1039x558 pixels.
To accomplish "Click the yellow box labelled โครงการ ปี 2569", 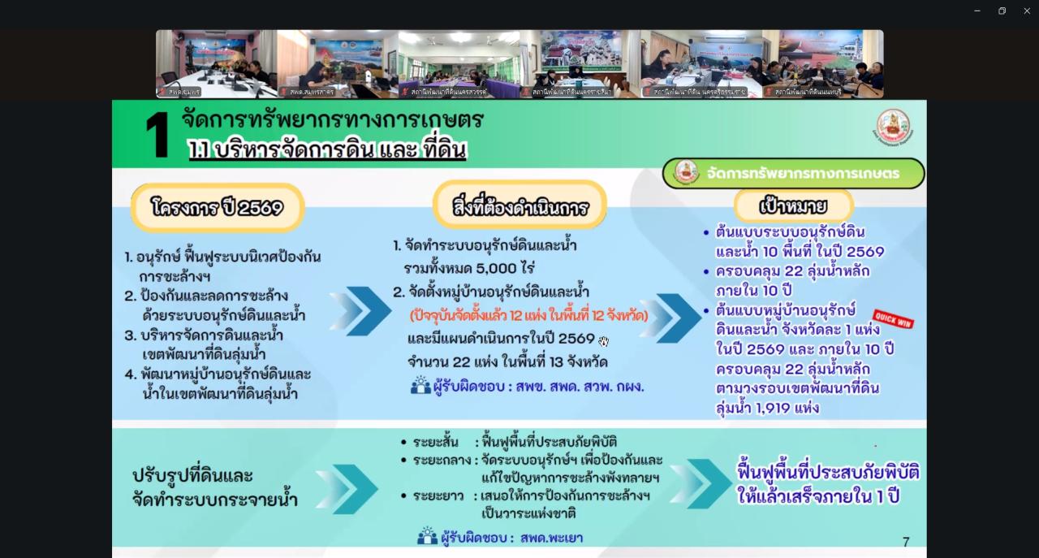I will tap(218, 208).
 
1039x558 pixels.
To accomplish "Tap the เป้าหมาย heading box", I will tap(793, 205).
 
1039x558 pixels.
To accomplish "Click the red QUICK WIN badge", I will tap(893, 319).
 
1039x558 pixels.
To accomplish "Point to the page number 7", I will tap(906, 542).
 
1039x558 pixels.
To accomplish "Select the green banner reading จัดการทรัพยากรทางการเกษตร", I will tap(793, 173).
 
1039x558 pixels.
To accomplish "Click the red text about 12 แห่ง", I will tap(528, 315).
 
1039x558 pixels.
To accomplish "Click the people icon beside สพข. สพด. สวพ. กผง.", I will tap(420, 386).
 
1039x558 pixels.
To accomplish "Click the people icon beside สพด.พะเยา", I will tap(427, 537).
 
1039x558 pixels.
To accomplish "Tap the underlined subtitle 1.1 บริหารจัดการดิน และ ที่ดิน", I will tap(327, 150).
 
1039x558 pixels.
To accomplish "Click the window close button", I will tap(1027, 11).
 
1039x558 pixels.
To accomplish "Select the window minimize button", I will tap(977, 11).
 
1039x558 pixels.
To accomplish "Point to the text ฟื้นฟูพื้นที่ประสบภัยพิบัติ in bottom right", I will tap(828, 473).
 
